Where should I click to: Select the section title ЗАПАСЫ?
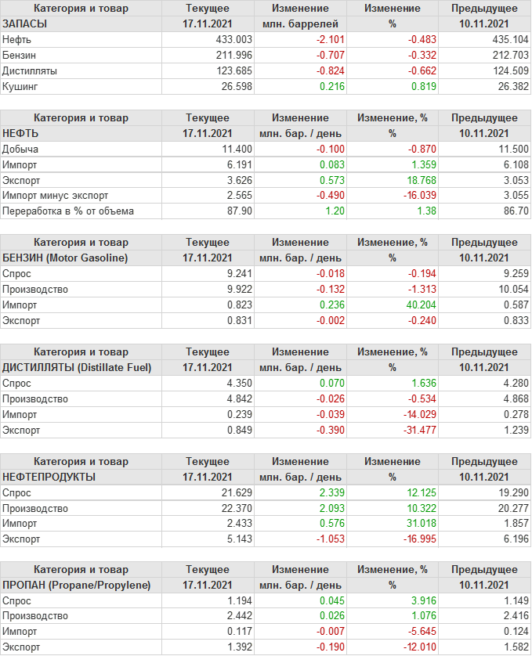pyautogui.click(x=25, y=23)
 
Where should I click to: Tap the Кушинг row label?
pyautogui.click(x=20, y=86)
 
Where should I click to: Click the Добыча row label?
pyautogui.click(x=20, y=149)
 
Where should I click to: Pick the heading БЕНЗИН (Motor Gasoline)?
pyautogui.click(x=65, y=258)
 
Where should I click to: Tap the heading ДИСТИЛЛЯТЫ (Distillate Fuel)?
pyautogui.click(x=77, y=367)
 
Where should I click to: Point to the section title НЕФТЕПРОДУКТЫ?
pyautogui.click(x=49, y=476)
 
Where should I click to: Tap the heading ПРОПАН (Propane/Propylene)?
pyautogui.click(x=76, y=585)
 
